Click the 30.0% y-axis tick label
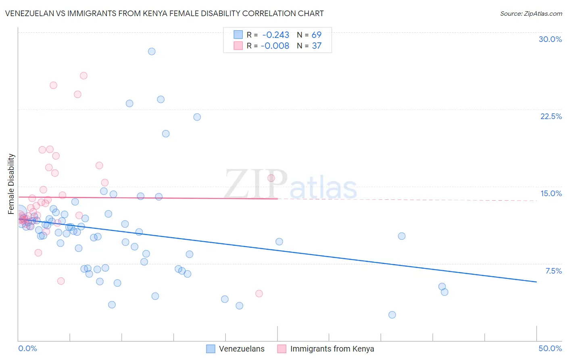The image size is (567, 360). click(550, 39)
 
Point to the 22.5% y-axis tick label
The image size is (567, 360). click(551, 116)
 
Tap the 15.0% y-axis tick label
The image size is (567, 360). click(551, 193)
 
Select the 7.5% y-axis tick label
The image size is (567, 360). click(553, 271)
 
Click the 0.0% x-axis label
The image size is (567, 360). click(27, 348)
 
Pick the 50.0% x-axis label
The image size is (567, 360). click(550, 348)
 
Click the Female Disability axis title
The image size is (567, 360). click(11, 184)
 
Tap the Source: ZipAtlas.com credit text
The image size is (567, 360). click(531, 14)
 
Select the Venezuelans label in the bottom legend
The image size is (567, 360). click(242, 349)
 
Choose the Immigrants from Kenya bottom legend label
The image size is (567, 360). click(332, 349)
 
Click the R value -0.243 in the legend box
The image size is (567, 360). click(275, 35)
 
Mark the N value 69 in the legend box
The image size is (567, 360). click(317, 35)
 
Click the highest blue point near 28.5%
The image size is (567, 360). click(152, 51)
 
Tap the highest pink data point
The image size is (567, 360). click(83, 75)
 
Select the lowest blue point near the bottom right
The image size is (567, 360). click(392, 315)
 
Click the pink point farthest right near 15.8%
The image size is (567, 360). click(271, 178)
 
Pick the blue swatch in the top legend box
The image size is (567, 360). click(238, 35)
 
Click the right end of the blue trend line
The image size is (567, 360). click(536, 282)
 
